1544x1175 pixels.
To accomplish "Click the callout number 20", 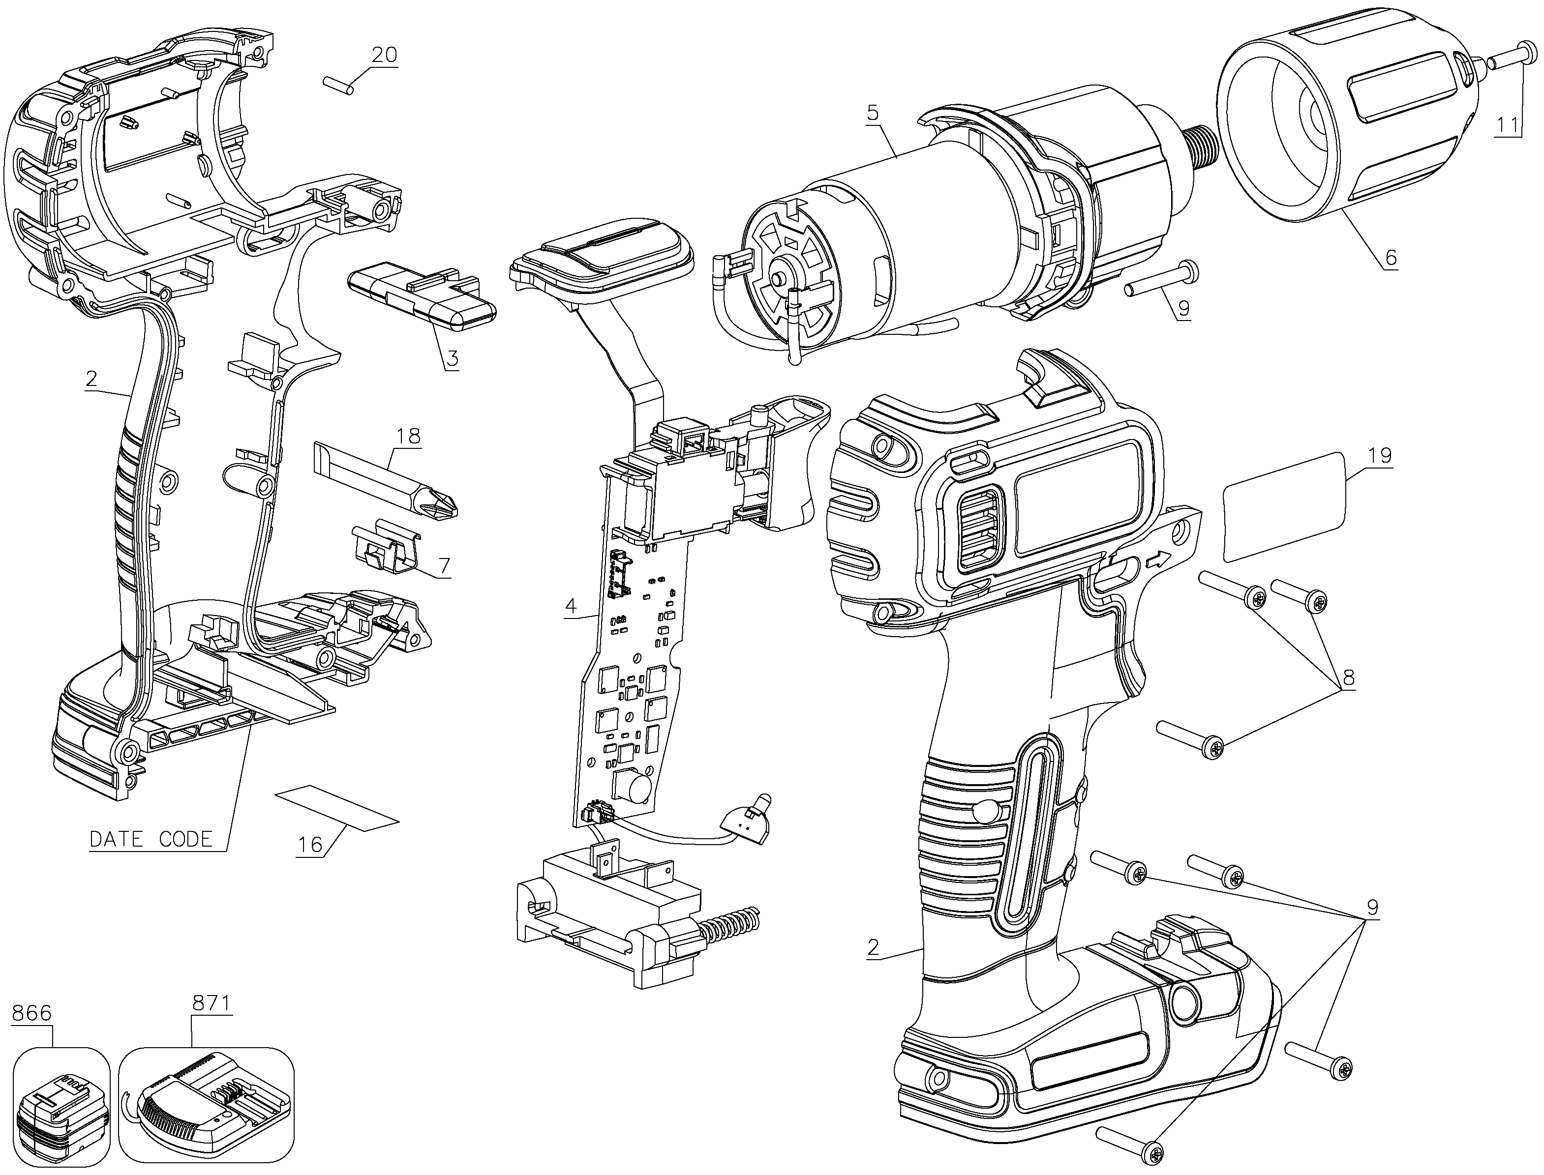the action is [x=384, y=55].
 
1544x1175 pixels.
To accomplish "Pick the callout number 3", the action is [x=452, y=359].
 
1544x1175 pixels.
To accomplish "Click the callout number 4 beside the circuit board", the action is [x=571, y=606].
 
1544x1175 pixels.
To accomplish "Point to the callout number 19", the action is [x=1380, y=455].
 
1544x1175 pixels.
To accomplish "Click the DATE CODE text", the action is [x=151, y=839].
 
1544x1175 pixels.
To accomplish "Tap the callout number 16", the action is [x=310, y=846].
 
